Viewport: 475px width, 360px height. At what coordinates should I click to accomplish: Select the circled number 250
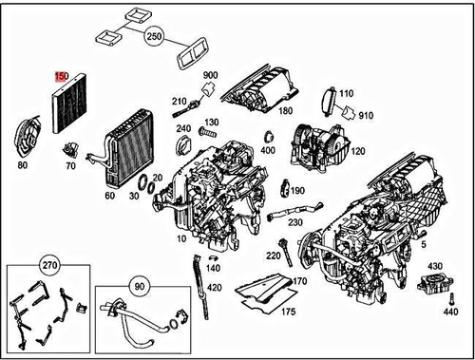pyautogui.click(x=155, y=38)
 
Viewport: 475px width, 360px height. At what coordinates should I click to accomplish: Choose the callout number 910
pyautogui.click(x=367, y=116)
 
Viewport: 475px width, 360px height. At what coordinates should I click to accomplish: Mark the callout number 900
pyautogui.click(x=210, y=76)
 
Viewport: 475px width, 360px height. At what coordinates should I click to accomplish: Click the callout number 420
pyautogui.click(x=214, y=288)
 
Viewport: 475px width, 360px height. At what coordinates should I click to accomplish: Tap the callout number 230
pyautogui.click(x=295, y=223)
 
